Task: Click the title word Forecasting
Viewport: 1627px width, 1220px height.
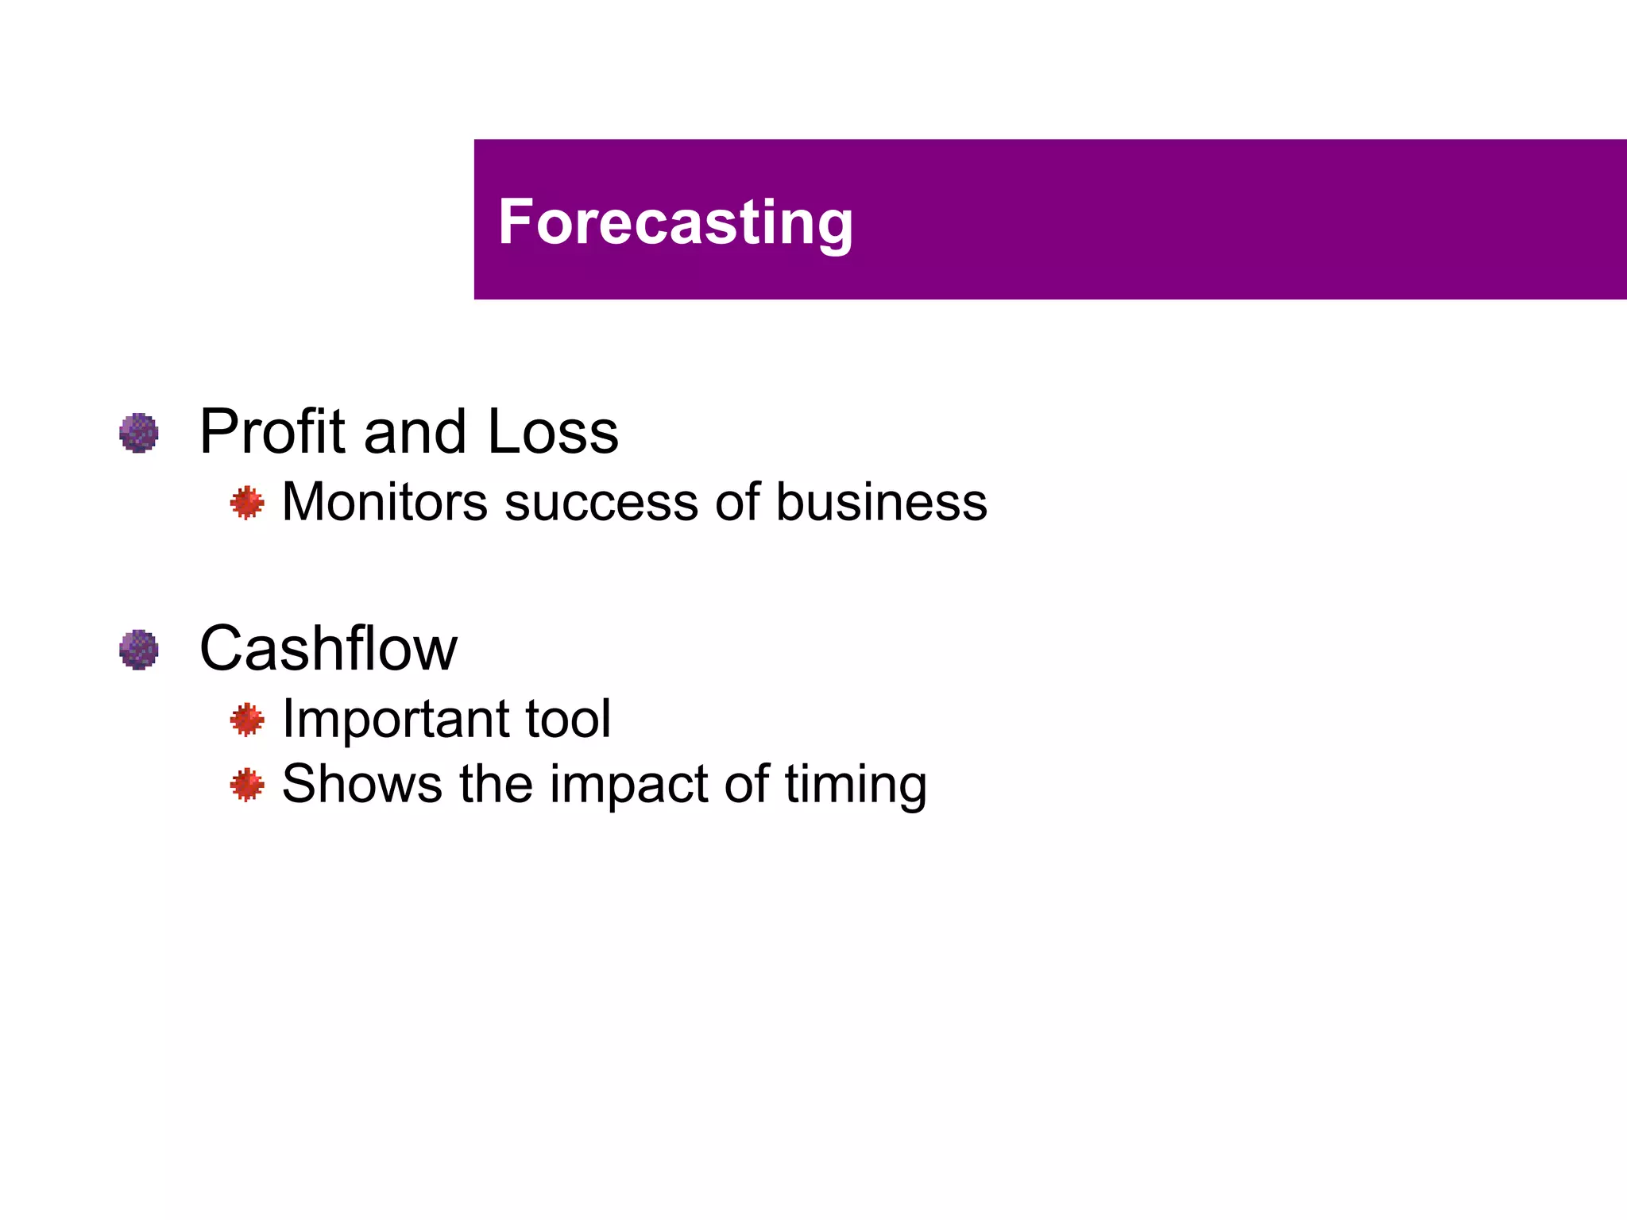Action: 675,222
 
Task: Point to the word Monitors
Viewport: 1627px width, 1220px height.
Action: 385,503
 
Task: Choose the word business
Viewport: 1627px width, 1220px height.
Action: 881,503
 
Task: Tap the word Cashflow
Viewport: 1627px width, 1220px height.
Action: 328,648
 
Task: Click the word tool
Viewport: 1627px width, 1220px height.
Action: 568,719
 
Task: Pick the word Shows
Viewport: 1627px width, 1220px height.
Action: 362,784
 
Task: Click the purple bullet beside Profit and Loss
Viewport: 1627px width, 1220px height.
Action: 139,433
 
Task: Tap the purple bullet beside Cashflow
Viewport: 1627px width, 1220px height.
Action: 139,650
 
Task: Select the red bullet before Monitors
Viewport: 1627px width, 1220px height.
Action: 247,503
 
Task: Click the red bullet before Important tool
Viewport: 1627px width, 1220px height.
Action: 247,720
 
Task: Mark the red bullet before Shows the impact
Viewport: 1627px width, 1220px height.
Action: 247,785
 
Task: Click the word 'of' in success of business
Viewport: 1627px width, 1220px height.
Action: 737,503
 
